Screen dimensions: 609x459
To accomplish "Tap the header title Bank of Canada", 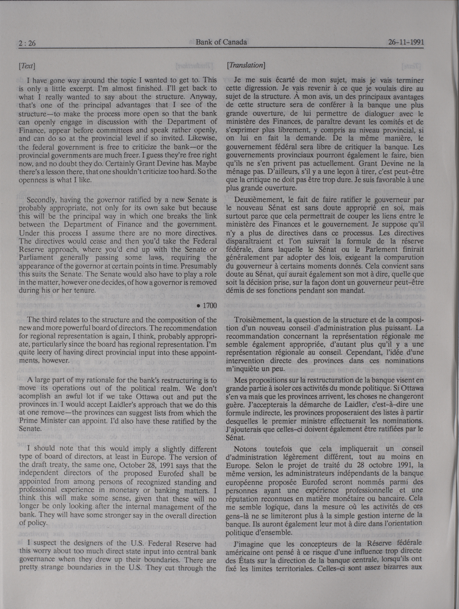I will (221, 42).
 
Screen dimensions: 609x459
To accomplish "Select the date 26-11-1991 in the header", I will (406, 43).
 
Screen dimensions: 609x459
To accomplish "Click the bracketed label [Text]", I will (27, 66).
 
